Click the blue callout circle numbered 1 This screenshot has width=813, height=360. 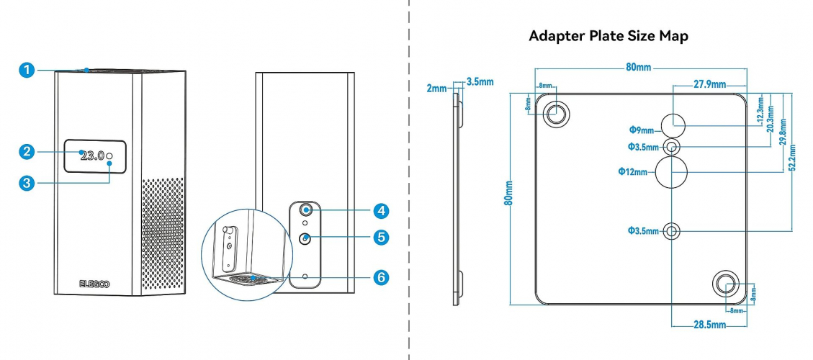tap(27, 70)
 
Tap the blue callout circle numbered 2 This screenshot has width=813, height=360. tap(27, 151)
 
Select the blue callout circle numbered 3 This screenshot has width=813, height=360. tap(27, 183)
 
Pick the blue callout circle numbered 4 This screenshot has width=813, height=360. tap(381, 210)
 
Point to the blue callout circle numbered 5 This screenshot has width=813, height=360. tap(381, 237)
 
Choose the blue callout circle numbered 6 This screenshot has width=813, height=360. tap(381, 277)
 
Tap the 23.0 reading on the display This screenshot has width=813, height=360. tap(92, 155)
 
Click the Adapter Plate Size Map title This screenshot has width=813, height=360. tap(608, 36)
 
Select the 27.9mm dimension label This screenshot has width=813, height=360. tap(709, 84)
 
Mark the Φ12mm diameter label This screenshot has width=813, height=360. tap(633, 171)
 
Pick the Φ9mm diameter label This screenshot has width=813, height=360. tap(641, 130)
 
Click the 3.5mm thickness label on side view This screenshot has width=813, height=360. tap(480, 81)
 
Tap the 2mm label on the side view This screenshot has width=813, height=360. tap(436, 87)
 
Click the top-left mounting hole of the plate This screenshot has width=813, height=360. tap(557, 112)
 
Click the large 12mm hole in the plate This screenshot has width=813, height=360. tap(672, 171)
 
